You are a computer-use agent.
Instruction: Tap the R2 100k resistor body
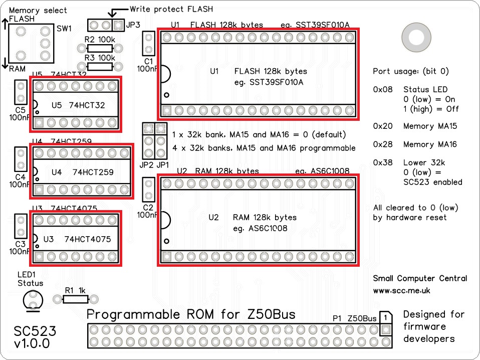click(100, 48)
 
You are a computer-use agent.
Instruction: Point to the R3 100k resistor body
click(100, 66)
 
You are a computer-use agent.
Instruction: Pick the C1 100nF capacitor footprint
click(149, 43)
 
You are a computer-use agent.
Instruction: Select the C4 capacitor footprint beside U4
click(21, 158)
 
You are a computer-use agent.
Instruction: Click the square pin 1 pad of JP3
click(118, 25)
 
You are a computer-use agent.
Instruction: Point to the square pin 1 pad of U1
click(167, 110)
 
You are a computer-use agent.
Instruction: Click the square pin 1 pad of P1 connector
click(385, 330)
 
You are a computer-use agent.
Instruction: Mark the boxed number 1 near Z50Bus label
click(385, 318)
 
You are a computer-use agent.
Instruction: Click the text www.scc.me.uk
click(401, 290)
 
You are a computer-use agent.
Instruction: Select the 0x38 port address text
click(382, 162)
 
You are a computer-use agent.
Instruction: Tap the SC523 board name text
click(35, 331)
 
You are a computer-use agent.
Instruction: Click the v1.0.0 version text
click(32, 344)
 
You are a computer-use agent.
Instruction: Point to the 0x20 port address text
click(382, 126)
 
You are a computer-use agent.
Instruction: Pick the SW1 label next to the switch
click(64, 29)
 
